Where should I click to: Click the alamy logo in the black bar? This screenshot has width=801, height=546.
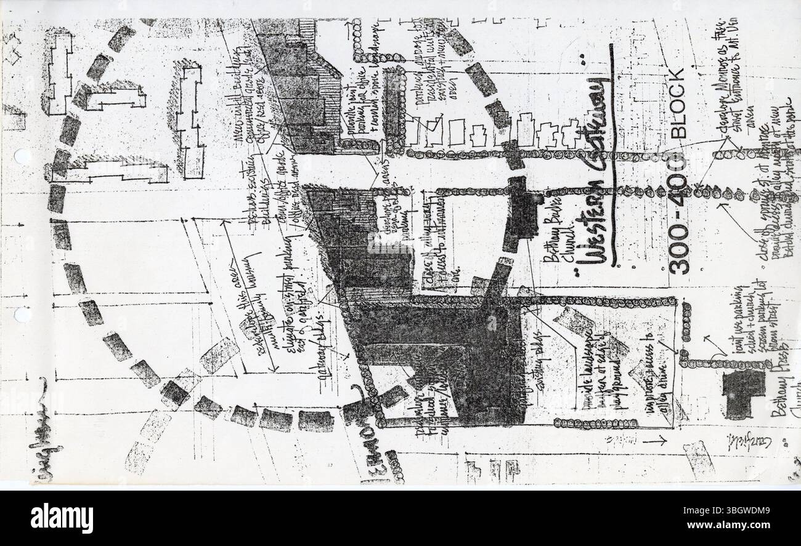click(62, 518)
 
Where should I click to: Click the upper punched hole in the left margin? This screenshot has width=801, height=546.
click(22, 156)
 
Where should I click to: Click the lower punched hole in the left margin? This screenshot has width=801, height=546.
click(22, 315)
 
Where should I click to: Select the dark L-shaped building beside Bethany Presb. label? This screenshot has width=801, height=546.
click(743, 394)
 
